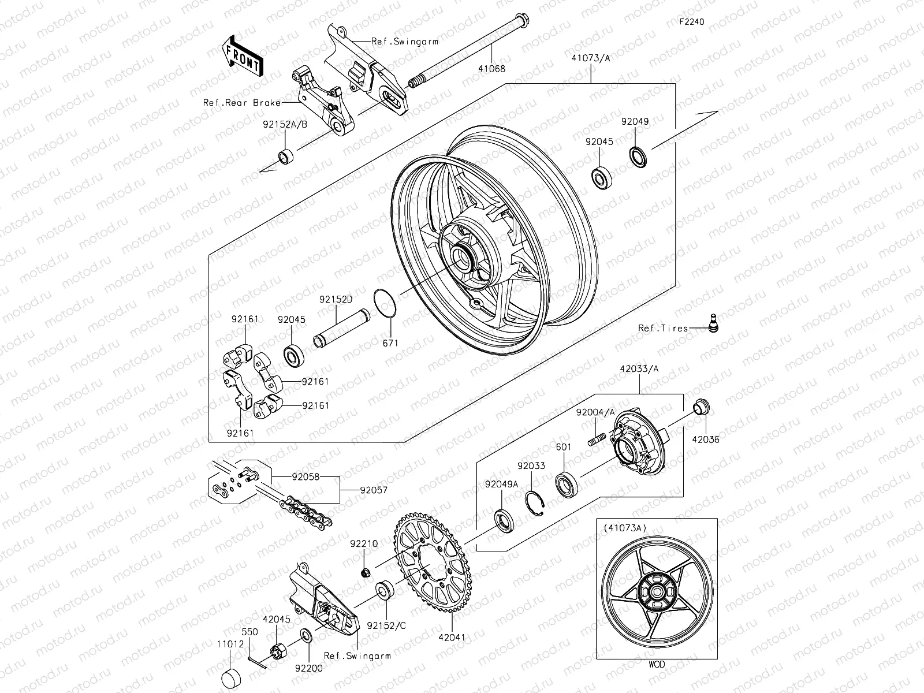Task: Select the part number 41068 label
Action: point(491,68)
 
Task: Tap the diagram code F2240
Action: point(691,22)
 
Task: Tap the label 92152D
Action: point(336,299)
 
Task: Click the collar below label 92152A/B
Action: point(286,157)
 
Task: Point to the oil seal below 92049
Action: point(638,157)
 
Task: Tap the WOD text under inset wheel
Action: point(656,665)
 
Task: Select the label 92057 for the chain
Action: point(374,490)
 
